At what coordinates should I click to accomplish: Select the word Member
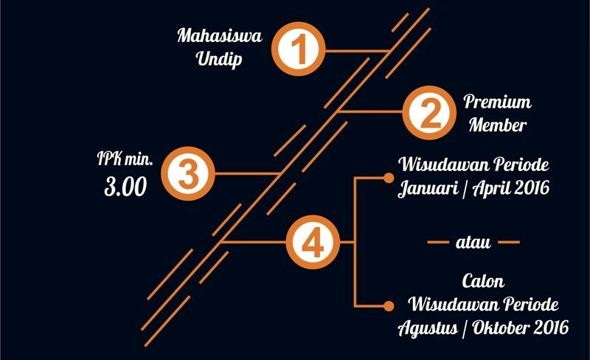click(499, 125)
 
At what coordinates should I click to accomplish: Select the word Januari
click(428, 187)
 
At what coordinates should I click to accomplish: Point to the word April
click(489, 187)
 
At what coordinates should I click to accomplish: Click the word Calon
click(483, 281)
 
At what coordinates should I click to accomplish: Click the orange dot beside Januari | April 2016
click(389, 178)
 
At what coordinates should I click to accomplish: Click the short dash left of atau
click(439, 242)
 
